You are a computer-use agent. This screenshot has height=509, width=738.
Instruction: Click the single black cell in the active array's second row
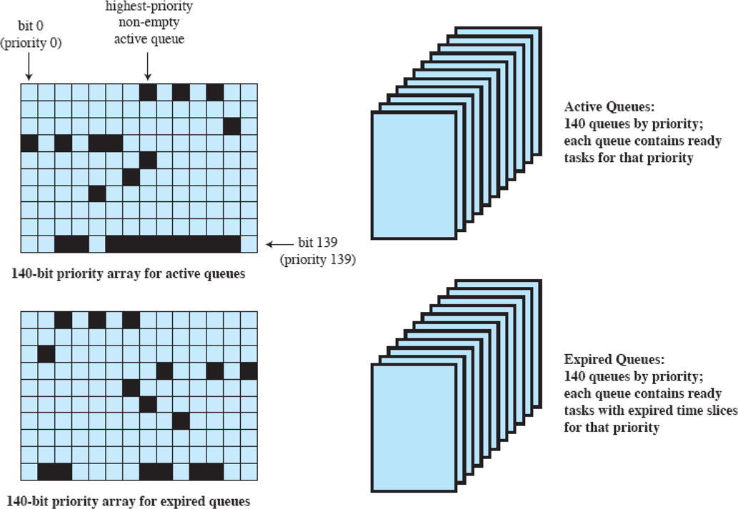[231, 126]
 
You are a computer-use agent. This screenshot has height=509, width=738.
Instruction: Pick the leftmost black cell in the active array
[29, 143]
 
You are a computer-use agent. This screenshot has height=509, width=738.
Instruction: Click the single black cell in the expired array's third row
[46, 353]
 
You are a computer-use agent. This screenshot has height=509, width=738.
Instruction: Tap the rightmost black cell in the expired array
[249, 371]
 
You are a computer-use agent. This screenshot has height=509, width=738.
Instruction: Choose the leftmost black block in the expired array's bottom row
[54, 472]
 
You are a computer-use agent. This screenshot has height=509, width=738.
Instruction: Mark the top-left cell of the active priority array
[29, 92]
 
